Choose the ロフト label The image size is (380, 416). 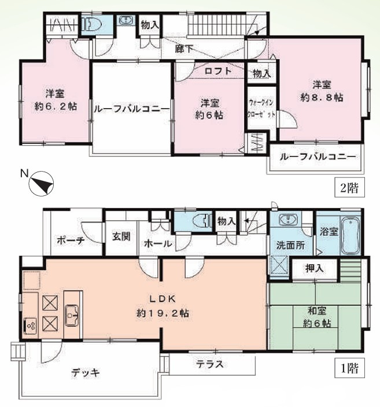point(218,72)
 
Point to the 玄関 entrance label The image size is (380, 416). point(121,236)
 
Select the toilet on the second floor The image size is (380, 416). point(93,25)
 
